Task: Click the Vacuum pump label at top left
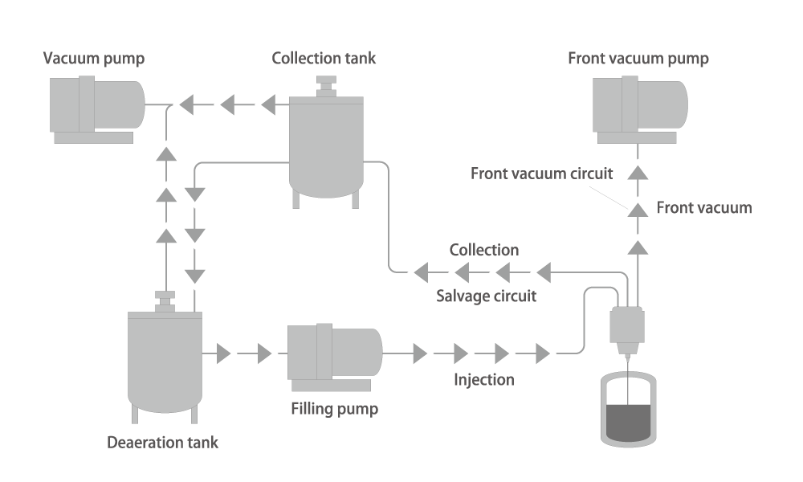pos(94,59)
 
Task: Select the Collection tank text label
pos(324,59)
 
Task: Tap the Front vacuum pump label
pos(638,59)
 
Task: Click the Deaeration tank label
pos(163,443)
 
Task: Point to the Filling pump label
pos(334,410)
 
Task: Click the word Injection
pos(484,379)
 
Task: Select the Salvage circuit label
pos(486,296)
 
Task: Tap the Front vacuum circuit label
pos(542,174)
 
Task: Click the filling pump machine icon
pos(333,353)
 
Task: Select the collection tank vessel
pos(326,149)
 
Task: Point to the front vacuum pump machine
pos(639,105)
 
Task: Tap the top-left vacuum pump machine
pos(96,106)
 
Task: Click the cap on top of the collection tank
pos(326,86)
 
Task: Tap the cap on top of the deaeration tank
pos(165,300)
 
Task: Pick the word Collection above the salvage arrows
pos(484,251)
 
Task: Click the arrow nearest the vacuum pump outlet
pos(183,104)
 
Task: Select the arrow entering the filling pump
pos(268,353)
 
